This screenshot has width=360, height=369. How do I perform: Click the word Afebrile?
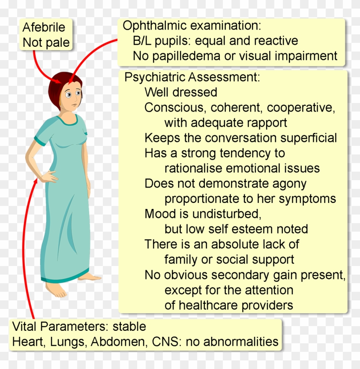44,27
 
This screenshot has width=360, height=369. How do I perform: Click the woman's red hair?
56,88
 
